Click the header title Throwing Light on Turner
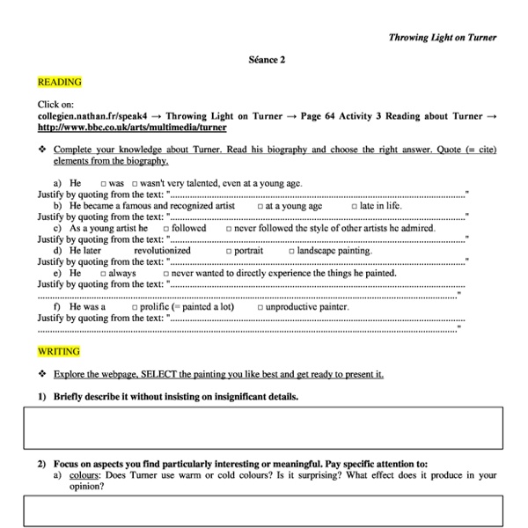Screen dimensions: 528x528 point(442,37)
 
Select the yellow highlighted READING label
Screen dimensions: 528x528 point(59,82)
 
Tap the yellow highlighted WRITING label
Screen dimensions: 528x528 point(58,351)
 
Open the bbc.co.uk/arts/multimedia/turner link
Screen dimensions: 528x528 point(132,127)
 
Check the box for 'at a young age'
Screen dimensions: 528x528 point(260,206)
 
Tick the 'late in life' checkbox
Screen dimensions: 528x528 point(354,206)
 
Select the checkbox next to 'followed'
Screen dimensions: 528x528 point(165,229)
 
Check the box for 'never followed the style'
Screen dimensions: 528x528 point(229,229)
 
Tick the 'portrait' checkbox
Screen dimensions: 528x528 point(228,251)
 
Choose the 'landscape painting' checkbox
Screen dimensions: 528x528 point(291,251)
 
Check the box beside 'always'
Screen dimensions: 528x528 point(103,274)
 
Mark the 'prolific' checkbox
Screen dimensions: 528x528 point(134,307)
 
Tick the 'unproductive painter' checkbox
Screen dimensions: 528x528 point(260,307)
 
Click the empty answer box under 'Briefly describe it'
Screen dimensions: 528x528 point(263,428)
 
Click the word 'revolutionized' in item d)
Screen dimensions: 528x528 point(162,251)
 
